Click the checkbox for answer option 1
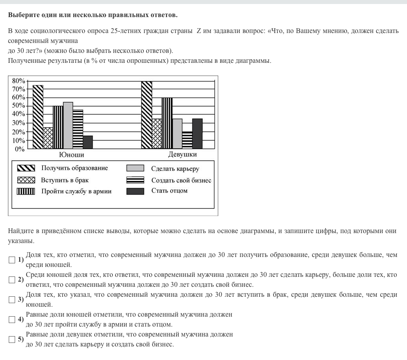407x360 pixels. [12, 260]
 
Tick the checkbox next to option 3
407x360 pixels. [12, 300]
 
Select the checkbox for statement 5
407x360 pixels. [12, 339]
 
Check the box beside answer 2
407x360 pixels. [12, 280]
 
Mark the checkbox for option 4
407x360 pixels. [12, 319]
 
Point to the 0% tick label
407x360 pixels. [20, 149]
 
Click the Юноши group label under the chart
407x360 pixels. [72, 155]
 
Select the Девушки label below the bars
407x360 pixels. [182, 154]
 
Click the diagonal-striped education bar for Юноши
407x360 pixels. [38, 117]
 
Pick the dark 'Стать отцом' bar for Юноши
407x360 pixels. [88, 142]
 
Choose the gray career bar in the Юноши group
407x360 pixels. [68, 125]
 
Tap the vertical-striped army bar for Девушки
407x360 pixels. [167, 123]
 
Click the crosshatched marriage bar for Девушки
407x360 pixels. [157, 134]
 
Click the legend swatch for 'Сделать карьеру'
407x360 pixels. [135, 168]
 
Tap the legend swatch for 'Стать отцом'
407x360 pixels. [135, 191]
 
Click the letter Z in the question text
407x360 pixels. [198, 31]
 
